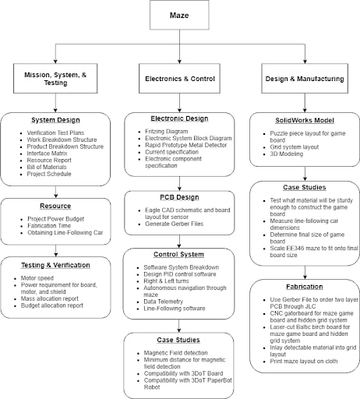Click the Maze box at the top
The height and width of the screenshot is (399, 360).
click(x=179, y=15)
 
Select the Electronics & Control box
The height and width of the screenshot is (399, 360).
click(x=179, y=79)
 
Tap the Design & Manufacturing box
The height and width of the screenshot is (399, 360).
click(x=305, y=79)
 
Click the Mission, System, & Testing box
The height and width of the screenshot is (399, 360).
click(x=55, y=79)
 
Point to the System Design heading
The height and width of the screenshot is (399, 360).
click(x=55, y=120)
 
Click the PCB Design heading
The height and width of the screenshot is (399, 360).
click(x=179, y=197)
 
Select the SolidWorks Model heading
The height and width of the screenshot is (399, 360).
click(x=305, y=120)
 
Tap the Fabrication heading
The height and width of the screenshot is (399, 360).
click(x=305, y=287)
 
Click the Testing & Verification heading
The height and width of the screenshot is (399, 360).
click(x=55, y=265)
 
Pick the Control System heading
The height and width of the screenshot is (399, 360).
click(x=178, y=254)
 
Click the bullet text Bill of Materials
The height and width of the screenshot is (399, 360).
click(x=47, y=167)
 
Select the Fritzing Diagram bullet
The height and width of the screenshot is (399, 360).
click(x=167, y=132)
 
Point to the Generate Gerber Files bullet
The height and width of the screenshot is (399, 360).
click(x=174, y=224)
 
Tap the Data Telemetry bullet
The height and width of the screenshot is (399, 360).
click(x=163, y=302)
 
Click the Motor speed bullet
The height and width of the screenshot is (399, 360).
click(x=37, y=278)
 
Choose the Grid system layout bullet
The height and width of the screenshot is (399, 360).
click(x=295, y=147)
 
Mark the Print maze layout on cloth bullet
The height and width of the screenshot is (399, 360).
click(x=304, y=361)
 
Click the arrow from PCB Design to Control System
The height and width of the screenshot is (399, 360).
click(x=179, y=242)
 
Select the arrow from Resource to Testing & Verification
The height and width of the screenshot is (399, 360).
click(x=55, y=251)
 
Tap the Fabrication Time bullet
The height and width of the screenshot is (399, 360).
click(x=49, y=226)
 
